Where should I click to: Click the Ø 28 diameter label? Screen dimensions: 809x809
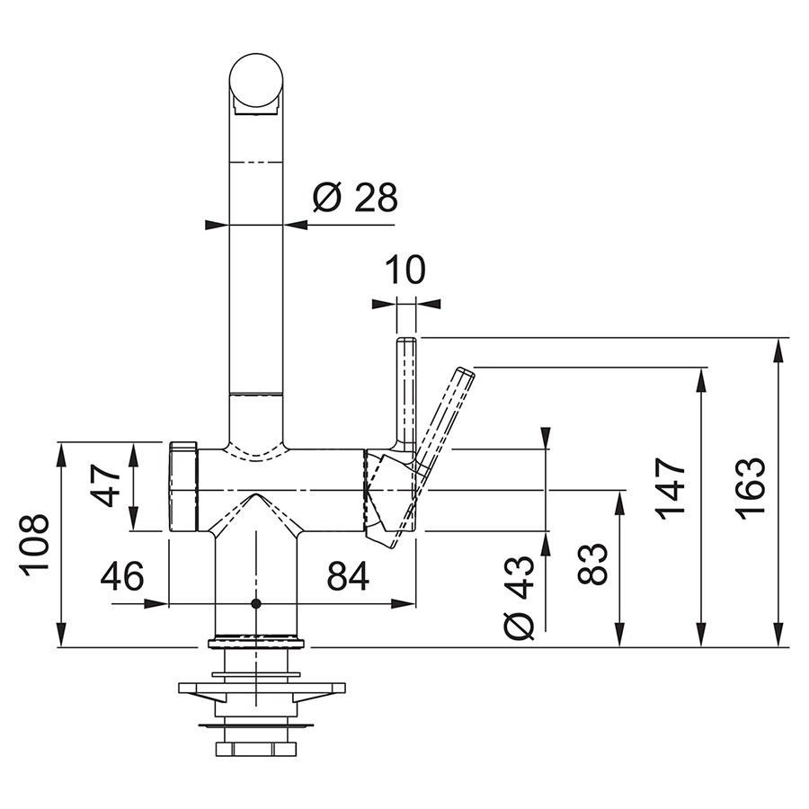click(355, 197)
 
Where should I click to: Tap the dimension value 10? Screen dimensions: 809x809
click(405, 270)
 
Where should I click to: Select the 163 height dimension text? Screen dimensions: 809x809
click(750, 488)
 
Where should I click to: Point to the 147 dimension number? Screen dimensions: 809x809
click(671, 488)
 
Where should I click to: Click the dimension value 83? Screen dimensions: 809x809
click(591, 564)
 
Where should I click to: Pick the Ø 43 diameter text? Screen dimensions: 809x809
click(519, 597)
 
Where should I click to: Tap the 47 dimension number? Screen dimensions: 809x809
click(105, 485)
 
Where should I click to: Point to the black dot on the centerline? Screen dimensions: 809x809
click(255, 603)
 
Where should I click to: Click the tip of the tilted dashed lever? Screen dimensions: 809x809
click(465, 371)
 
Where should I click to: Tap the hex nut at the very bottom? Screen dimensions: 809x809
click(256, 749)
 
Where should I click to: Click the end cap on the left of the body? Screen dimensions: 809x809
click(183, 486)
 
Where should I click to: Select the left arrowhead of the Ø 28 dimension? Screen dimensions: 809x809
click(217, 225)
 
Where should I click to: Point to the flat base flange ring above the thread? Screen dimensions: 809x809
click(256, 644)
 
